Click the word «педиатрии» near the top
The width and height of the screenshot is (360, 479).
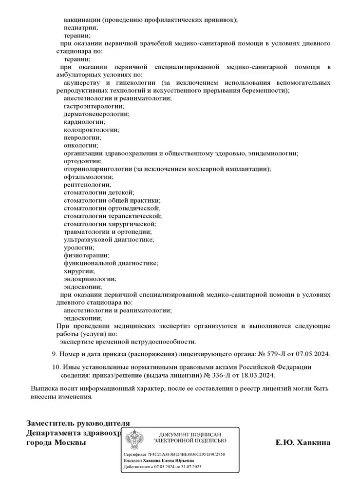80,28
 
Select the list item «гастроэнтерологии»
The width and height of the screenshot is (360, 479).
93,106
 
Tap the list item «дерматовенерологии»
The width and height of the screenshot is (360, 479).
96,114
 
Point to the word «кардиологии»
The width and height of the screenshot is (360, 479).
84,122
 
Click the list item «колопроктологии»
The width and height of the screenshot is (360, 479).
91,130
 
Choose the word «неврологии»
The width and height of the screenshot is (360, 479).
82,137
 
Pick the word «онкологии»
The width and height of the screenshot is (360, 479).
80,145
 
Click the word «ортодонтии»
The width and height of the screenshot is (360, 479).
82,161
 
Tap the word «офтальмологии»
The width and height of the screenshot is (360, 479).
88,176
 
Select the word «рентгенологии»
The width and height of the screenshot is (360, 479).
87,184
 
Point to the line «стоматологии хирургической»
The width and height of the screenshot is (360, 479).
110,224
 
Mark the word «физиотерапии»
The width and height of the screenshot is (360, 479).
86,255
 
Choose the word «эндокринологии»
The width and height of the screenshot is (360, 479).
90,279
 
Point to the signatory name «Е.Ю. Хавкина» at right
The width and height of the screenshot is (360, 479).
303,442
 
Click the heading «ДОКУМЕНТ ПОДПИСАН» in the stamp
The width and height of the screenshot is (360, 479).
190,434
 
